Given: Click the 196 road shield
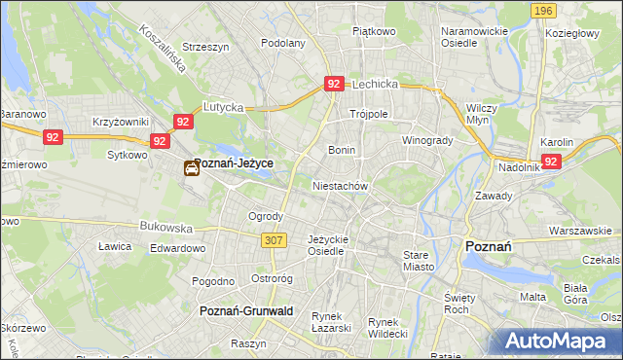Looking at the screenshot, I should tap(544, 11).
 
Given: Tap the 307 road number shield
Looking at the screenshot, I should tap(272, 239).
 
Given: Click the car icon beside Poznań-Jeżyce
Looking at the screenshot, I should tap(192, 168).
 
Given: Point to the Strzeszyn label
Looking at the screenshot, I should tap(204, 46).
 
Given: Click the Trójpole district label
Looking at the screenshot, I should tap(369, 114).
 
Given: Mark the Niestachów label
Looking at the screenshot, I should tap(340, 184).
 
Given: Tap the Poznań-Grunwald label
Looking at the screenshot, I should tap(246, 310).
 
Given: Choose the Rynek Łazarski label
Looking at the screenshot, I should tap(331, 322).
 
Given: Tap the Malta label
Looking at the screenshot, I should tap(532, 297).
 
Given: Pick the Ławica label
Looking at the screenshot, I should tap(115, 246).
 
